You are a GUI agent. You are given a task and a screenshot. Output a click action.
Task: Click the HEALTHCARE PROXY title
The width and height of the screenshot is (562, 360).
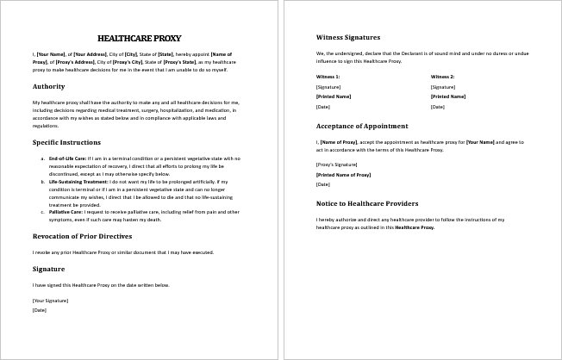point(140,38)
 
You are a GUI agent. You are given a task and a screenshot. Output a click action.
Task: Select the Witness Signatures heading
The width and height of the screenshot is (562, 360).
point(348,37)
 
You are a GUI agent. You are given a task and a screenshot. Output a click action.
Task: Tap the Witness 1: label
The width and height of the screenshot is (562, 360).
point(328,77)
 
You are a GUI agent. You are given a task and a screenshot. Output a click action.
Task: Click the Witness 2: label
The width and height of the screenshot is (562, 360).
point(442,77)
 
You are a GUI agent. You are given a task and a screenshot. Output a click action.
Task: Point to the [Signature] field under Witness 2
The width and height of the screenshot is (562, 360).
point(442,87)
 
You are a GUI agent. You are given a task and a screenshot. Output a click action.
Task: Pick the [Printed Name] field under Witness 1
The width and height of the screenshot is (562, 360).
point(333,96)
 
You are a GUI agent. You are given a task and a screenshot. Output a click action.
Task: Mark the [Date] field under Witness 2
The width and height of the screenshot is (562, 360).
point(438,106)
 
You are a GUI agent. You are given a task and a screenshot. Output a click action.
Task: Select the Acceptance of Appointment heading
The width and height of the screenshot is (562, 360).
point(368,125)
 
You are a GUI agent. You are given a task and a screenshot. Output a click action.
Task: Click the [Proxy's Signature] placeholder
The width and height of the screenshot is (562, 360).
point(336,164)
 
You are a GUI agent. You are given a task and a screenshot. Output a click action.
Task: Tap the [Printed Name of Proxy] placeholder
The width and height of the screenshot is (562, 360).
point(343,174)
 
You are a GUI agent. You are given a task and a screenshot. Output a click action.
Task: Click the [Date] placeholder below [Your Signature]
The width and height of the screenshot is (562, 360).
point(39,309)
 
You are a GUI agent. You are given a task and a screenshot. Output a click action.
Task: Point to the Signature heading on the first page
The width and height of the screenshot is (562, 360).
point(49,269)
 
